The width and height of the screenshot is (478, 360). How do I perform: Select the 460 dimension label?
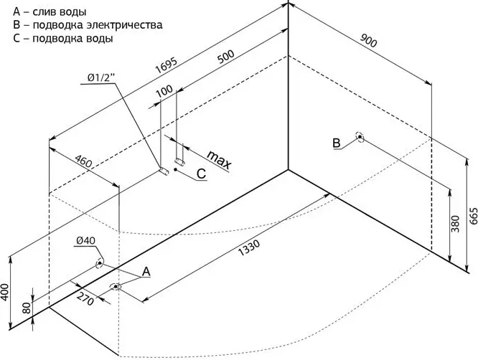tap(84, 162)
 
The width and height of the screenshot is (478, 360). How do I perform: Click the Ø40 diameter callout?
tap(85, 241)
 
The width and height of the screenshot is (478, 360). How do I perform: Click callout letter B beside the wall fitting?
tap(336, 143)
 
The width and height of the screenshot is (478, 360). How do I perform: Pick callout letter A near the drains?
tap(146, 271)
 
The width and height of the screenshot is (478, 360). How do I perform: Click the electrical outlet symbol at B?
tap(360, 138)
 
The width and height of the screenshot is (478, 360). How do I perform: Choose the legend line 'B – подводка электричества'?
tap(87, 24)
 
